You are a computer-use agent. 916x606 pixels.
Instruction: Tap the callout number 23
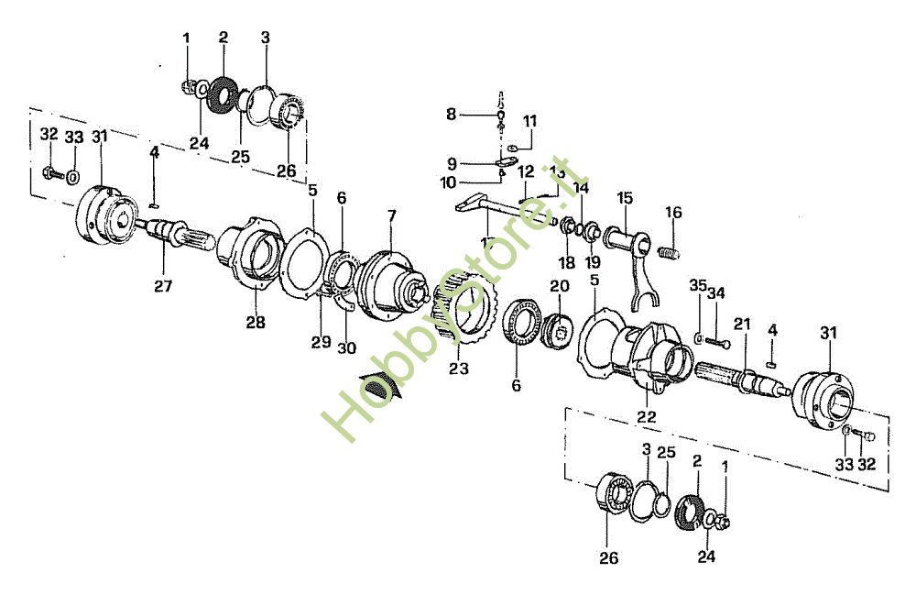click(459, 370)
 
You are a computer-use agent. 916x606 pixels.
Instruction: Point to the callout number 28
click(255, 322)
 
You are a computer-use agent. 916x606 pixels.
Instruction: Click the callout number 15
click(625, 197)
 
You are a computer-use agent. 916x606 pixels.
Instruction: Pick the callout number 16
click(673, 213)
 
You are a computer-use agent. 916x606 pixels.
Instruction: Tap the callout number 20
click(559, 287)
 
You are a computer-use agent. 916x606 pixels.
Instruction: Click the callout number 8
click(451, 114)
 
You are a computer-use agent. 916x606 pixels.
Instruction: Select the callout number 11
click(530, 120)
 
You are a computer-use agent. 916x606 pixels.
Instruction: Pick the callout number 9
click(452, 163)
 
